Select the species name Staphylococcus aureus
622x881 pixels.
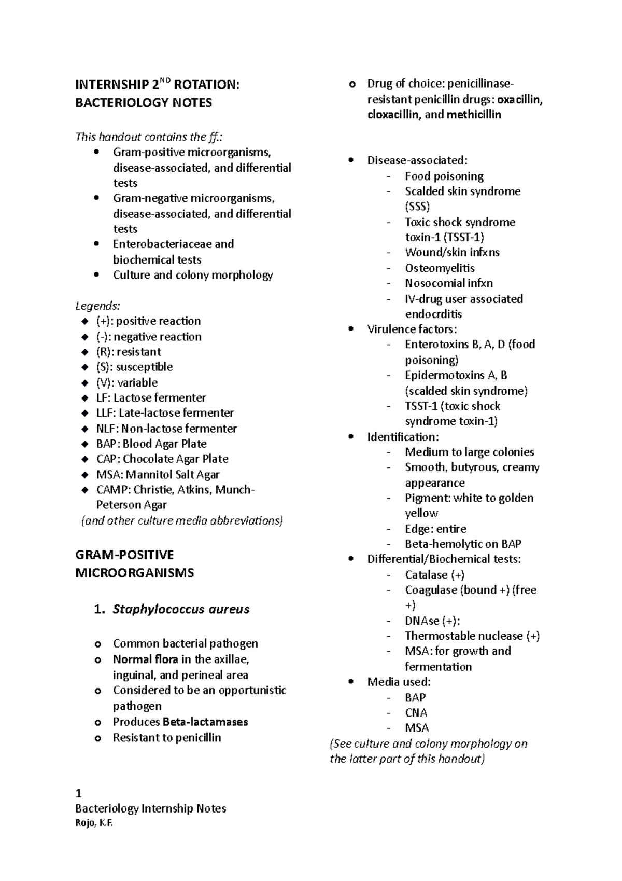pos(181,609)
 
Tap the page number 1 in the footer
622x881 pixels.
pos(78,793)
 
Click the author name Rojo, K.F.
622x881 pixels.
pos(94,823)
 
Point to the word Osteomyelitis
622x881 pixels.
pos(440,268)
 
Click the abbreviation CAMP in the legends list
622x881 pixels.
pos(113,490)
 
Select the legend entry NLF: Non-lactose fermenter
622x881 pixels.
pos(166,429)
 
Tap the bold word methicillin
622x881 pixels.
pos(474,115)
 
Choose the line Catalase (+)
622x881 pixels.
pos(434,575)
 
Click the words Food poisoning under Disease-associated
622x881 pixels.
pos(444,176)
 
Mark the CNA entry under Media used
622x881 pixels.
pos(416,713)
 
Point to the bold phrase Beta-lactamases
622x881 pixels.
pos(205,722)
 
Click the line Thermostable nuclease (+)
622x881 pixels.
pos(472,636)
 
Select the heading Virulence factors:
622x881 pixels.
pos(412,329)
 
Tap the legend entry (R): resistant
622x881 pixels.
pos(129,352)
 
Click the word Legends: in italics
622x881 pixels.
pos(97,306)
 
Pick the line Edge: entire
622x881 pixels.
pos(435,529)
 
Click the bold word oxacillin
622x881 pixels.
pos(519,100)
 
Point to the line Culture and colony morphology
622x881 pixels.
pos(193,275)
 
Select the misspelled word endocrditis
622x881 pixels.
pos(433,314)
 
